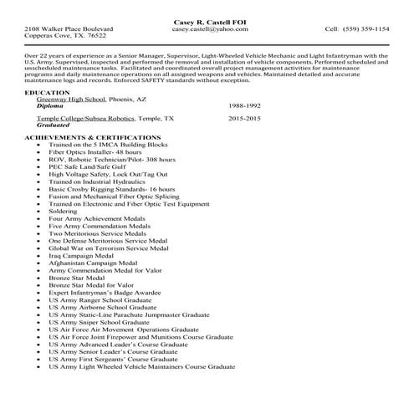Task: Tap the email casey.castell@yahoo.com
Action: pyautogui.click(x=207, y=28)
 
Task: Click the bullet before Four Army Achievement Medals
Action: pyautogui.click(x=40, y=218)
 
